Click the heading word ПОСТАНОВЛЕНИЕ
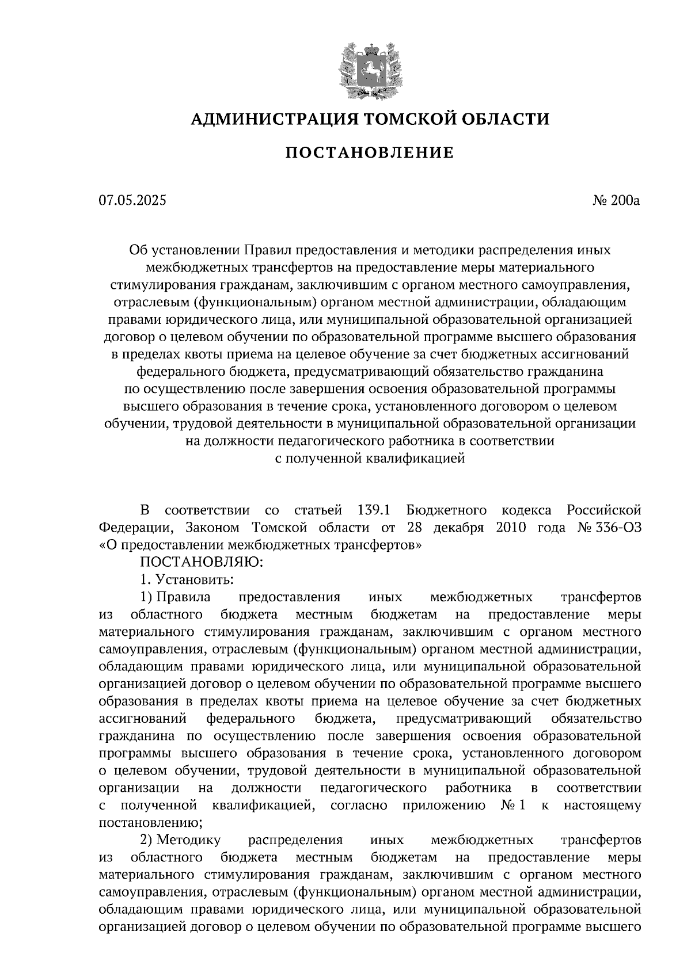pyautogui.click(x=370, y=152)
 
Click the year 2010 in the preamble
pyautogui.click(x=510, y=527)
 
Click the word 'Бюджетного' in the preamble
pyautogui.click(x=446, y=510)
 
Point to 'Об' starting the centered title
pyautogui.click(x=138, y=250)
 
